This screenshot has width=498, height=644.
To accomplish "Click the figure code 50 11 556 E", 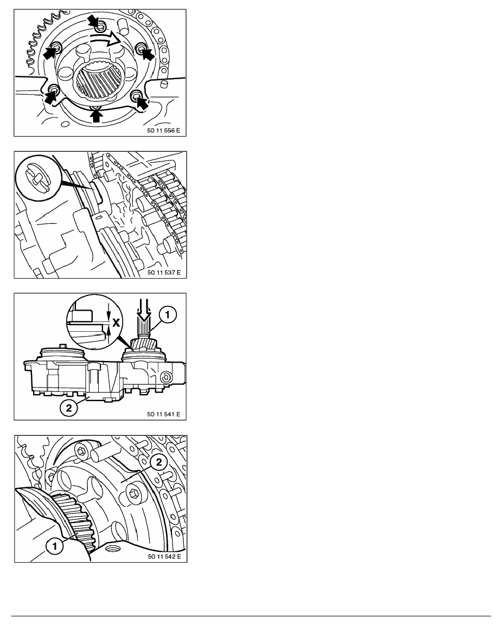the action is (163, 131).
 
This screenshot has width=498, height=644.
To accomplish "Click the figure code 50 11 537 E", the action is (164, 272).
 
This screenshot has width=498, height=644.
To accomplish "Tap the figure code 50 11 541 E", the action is (163, 414).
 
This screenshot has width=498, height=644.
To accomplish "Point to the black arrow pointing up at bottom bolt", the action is (96, 116).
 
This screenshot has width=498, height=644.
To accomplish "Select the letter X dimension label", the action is (116, 321).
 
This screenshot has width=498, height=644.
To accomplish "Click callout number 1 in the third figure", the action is (168, 315).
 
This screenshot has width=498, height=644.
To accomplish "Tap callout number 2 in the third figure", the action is (68, 408).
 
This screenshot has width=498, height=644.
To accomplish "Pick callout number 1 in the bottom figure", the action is (55, 546).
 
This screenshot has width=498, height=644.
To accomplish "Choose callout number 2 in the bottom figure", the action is (158, 462).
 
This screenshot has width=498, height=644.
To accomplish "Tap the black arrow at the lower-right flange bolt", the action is (142, 102).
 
